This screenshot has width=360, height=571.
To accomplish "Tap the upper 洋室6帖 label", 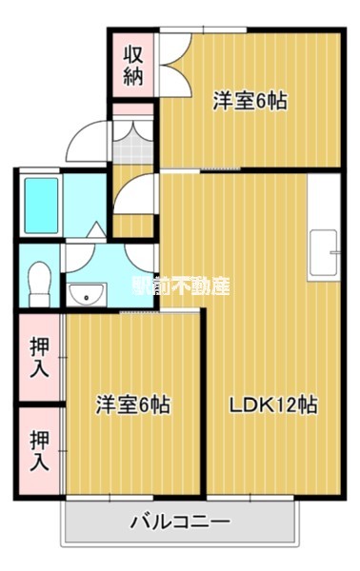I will coord(250,99).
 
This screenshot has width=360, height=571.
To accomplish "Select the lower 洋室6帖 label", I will coord(132,404).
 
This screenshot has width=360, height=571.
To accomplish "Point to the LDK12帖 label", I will coord(272,404).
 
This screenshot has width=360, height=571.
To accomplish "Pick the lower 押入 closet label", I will coord(39,452).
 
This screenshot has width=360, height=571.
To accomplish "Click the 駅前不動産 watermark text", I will coord(180,285).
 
